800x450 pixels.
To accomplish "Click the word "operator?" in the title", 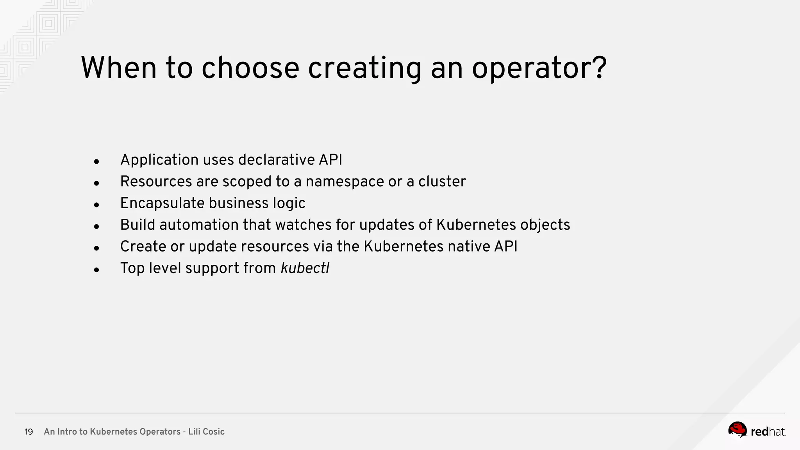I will click(539, 69).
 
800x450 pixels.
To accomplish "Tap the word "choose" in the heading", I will click(250, 68).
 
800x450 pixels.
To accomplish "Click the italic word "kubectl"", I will click(305, 268).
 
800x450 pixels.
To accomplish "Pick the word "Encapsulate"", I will click(162, 204).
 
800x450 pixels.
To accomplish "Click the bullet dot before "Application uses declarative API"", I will click(96, 161).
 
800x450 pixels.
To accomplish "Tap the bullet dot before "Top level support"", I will click(96, 270).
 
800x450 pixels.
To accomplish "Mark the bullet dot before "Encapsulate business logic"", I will click(96, 205).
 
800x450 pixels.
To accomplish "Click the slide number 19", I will click(29, 432).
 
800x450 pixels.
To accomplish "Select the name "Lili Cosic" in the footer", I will click(206, 432).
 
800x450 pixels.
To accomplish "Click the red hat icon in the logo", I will click(737, 430).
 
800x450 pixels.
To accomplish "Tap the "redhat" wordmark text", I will click(768, 432).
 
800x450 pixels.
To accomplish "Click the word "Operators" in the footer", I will click(160, 432).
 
